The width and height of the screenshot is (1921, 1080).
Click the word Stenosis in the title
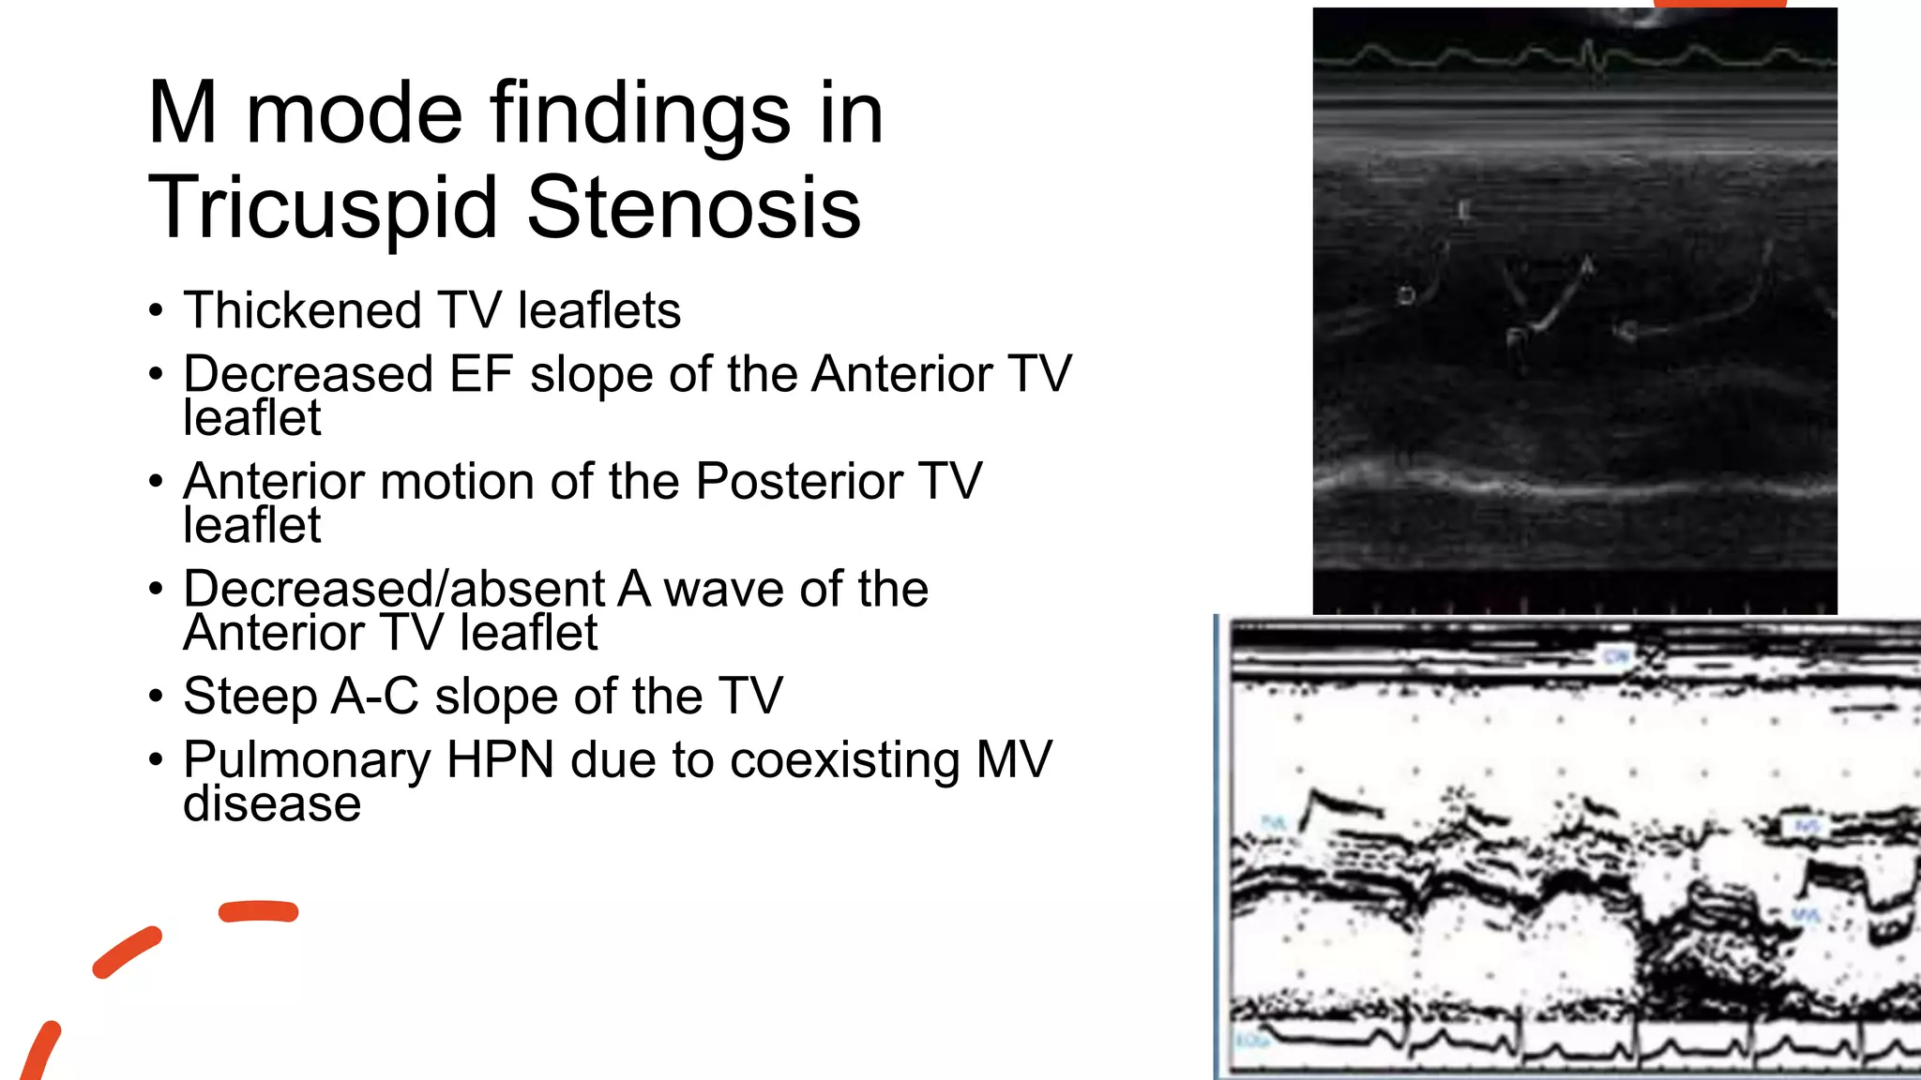[x=693, y=208]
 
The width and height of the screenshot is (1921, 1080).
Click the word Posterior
[x=799, y=482]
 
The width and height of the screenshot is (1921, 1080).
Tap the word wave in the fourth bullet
[x=722, y=590]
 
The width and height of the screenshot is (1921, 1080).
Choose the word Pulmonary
[x=306, y=760]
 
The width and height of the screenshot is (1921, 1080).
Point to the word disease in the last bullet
[x=272, y=803]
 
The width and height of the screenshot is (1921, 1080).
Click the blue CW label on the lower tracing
[x=1616, y=656]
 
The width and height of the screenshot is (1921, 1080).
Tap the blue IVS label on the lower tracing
[x=1807, y=827]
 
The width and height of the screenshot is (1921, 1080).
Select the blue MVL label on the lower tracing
[x=1807, y=915]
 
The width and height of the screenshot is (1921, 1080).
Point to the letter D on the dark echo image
[x=1406, y=296]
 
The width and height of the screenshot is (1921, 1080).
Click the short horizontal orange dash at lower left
[x=258, y=911]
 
